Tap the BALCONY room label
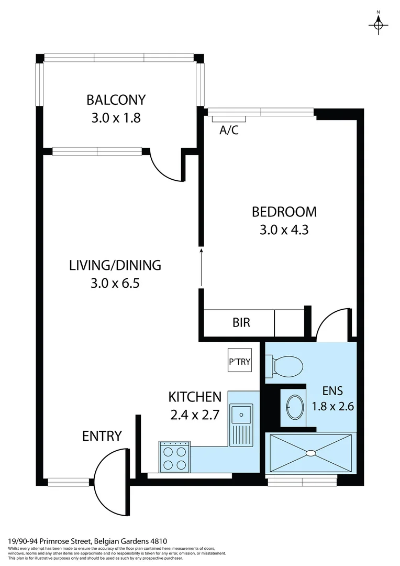point(116,100)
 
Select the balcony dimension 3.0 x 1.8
point(116,117)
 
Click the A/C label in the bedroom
point(229,130)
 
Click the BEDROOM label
point(284,212)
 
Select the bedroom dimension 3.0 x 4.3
point(284,230)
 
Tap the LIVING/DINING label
point(115,265)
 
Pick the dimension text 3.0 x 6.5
point(115,284)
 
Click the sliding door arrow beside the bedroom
point(201,267)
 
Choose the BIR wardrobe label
point(241,322)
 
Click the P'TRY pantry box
point(239,361)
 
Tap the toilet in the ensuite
point(286,365)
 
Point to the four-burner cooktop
point(174,456)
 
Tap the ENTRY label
point(102,436)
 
